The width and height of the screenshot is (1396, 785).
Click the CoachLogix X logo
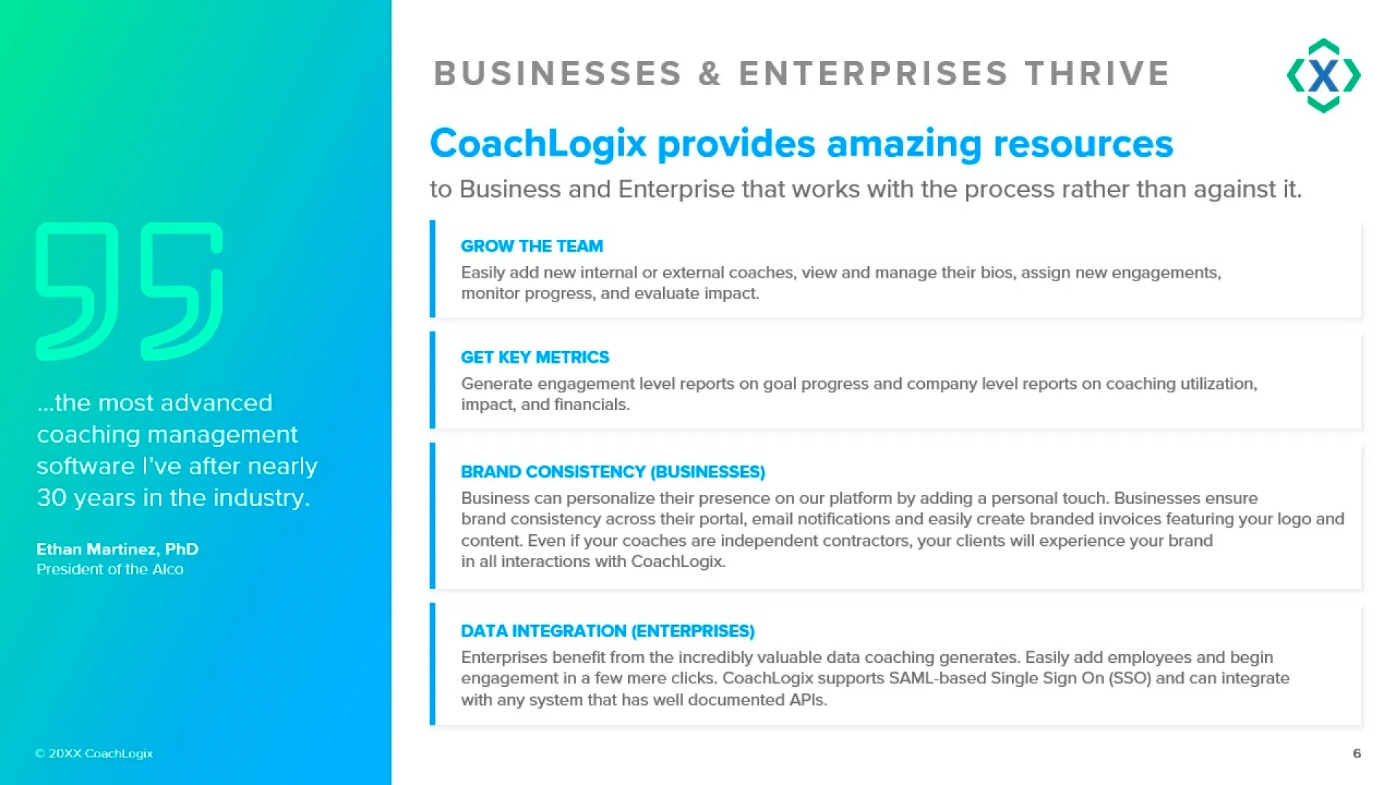[1323, 76]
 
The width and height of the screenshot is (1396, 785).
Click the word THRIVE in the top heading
[1097, 73]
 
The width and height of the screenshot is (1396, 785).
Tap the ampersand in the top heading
[710, 73]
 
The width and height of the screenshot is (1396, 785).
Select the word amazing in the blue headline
[904, 143]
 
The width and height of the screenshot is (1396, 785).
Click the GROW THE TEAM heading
[532, 246]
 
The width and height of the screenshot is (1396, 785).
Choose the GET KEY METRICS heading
[535, 358]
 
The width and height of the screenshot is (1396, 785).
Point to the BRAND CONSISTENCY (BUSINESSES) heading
[613, 472]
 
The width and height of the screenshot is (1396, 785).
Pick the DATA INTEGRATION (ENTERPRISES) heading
[608, 631]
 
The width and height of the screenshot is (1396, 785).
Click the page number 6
[1357, 754]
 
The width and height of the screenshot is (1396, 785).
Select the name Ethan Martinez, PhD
[118, 549]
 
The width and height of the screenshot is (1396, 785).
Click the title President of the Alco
[110, 570]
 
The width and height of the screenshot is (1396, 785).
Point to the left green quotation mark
[77, 291]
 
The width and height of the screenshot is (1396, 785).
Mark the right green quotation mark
[182, 291]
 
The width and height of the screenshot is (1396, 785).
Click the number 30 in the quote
[52, 498]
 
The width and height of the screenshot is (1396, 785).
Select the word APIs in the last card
[808, 700]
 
